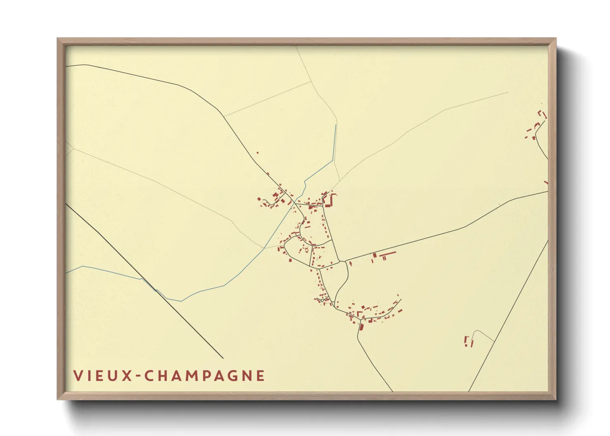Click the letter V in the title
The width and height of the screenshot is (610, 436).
tap(77, 375)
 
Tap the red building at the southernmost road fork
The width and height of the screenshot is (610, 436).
tap(361, 327)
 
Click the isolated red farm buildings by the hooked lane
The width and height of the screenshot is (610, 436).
tap(469, 342)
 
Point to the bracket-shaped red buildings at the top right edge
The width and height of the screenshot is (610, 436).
tap(543, 114)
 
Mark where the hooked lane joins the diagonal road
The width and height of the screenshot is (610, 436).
tap(494, 342)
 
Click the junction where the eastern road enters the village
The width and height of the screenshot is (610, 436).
tap(345, 261)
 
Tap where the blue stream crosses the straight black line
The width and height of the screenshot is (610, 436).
tap(156, 291)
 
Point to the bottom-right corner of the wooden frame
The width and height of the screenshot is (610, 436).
tap(556, 399)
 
